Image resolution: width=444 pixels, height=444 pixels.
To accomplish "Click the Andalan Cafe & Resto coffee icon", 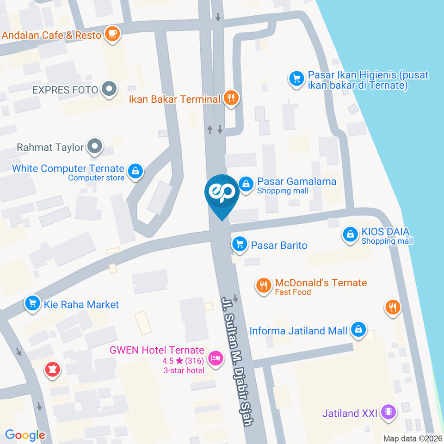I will [x=112, y=34].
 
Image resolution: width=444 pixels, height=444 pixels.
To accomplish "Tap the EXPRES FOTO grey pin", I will [x=109, y=89].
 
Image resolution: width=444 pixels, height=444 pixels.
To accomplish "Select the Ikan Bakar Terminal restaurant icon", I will [x=230, y=98].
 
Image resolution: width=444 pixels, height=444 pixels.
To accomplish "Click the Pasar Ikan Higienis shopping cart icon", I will [x=296, y=78].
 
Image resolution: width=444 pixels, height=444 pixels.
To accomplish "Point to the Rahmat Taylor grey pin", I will [x=95, y=147].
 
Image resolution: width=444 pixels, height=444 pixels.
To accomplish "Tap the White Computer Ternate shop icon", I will [x=135, y=171].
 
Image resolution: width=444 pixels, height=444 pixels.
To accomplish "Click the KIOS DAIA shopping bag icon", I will [x=351, y=234].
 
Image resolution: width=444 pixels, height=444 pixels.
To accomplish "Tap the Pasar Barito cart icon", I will [x=239, y=244].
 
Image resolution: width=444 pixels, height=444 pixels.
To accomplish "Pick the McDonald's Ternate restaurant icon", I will [x=264, y=286].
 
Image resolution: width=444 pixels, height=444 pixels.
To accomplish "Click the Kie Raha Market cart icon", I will [x=32, y=304].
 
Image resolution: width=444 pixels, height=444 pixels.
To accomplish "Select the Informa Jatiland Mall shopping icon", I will [x=358, y=330].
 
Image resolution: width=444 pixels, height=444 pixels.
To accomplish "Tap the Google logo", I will [x=25, y=435].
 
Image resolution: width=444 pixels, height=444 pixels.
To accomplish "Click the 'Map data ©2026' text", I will [x=413, y=438].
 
